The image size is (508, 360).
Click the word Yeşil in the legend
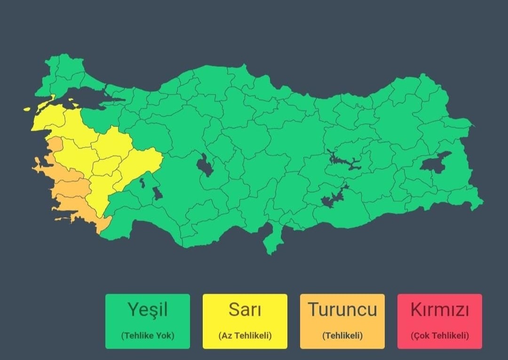tap(147, 310)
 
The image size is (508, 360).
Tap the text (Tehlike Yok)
tap(147, 336)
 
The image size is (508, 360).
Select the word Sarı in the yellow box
tap(245, 310)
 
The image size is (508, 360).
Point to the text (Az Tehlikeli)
tap(245, 336)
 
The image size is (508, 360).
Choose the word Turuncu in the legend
tap(342, 310)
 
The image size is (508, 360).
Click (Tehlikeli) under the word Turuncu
tap(342, 336)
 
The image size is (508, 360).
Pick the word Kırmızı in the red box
tap(439, 310)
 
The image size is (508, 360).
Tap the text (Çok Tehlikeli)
tap(439, 336)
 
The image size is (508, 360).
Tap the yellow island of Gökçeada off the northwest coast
tap(27, 109)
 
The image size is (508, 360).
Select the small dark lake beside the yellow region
tap(157, 193)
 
